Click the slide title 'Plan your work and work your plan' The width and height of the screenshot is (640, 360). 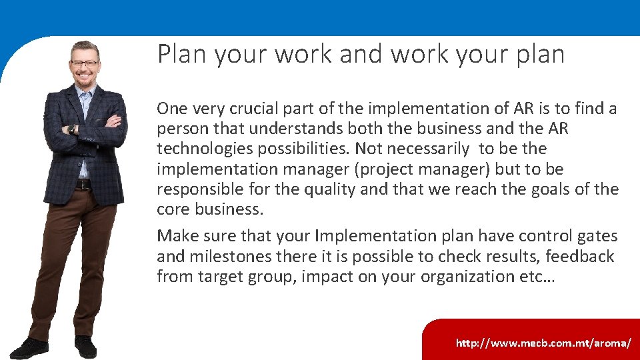pyautogui.click(x=361, y=54)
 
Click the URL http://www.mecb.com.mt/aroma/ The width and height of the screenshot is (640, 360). pyautogui.click(x=543, y=343)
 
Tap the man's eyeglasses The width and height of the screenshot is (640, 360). pyautogui.click(x=85, y=64)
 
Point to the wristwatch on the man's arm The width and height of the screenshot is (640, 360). pyautogui.click(x=72, y=129)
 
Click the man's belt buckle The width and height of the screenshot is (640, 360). pyautogui.click(x=83, y=184)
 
